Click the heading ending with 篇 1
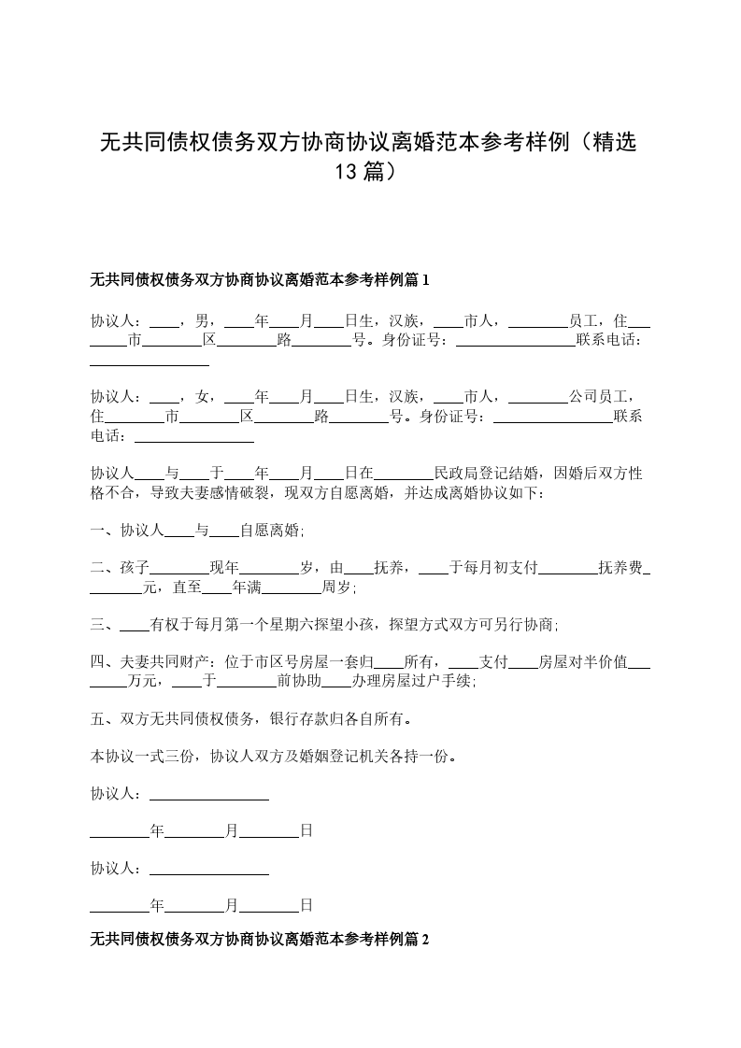(260, 279)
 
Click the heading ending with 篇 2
(260, 941)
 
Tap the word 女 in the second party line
(202, 397)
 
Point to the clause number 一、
(104, 531)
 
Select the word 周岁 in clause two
(336, 588)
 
